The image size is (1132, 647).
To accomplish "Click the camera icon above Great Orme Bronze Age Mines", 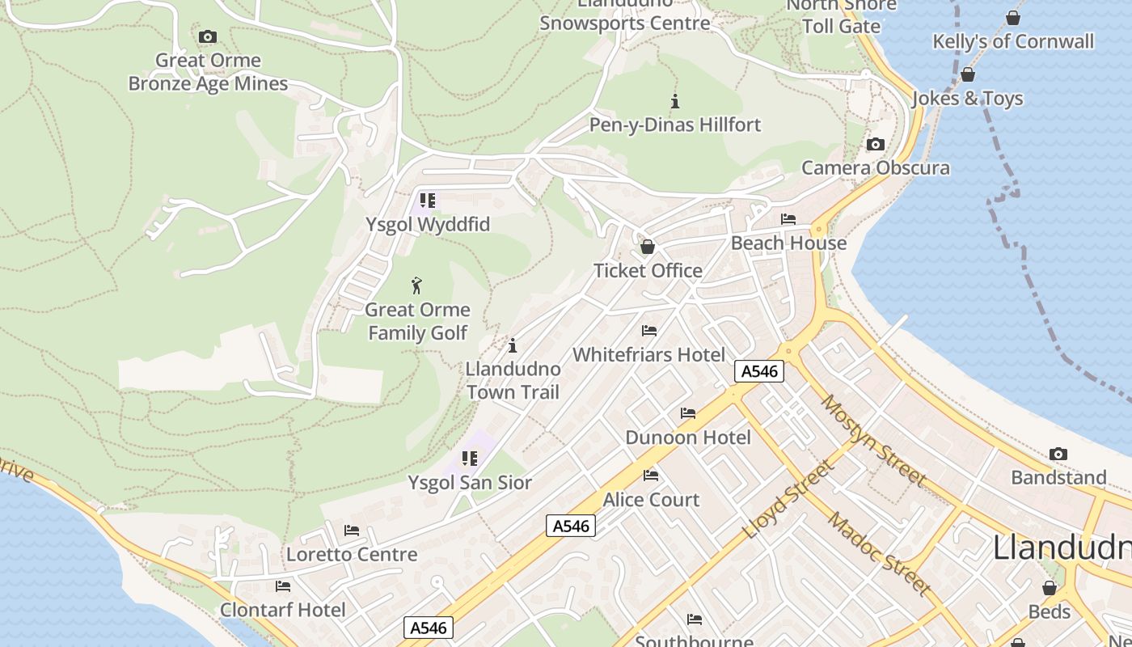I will click(208, 36).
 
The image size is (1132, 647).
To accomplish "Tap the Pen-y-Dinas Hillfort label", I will click(675, 125).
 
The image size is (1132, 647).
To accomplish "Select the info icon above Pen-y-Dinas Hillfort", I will click(675, 101).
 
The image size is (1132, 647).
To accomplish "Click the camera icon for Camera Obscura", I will click(875, 145).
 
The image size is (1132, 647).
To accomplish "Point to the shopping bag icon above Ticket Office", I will click(647, 247).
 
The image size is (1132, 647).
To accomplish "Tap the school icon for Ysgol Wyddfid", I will click(428, 201).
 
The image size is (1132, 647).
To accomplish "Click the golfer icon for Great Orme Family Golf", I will click(417, 285).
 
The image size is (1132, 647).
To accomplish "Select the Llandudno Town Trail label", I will click(513, 381).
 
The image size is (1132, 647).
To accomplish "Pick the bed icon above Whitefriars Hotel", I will click(649, 331).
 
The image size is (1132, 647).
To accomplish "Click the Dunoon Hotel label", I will click(688, 438).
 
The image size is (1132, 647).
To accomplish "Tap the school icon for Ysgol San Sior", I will click(470, 459).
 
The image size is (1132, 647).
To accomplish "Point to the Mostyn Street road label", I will click(872, 440).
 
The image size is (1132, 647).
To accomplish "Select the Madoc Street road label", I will click(879, 554).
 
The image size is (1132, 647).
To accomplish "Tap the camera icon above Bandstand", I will click(1058, 455).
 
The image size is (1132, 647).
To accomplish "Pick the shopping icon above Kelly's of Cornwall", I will click(1013, 18).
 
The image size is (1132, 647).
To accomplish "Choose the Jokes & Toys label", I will click(968, 99).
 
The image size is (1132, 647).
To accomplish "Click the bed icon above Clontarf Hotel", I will click(283, 586).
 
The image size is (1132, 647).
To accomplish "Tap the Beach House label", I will click(788, 243).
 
